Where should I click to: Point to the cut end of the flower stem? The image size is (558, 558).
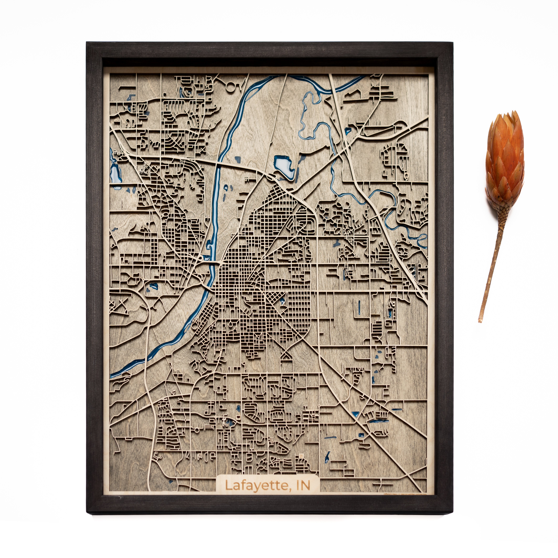click(x=480, y=321)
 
